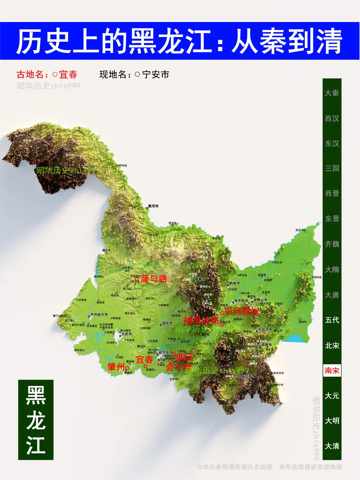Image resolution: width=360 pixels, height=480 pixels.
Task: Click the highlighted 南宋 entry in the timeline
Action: [x=332, y=371]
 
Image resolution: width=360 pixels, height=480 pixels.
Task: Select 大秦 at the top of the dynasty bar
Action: [x=332, y=93]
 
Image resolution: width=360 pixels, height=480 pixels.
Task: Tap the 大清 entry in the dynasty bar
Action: [x=332, y=446]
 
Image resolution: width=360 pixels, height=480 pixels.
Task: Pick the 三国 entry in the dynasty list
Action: [x=332, y=168]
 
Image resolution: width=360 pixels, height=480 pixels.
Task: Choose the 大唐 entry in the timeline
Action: [x=332, y=295]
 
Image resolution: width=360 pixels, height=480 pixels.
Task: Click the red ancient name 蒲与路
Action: [x=154, y=279]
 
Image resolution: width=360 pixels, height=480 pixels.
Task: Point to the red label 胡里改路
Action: [x=201, y=321]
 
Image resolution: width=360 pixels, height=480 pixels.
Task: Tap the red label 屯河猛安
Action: [x=242, y=311]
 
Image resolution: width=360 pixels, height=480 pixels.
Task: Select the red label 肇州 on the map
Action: [x=116, y=367]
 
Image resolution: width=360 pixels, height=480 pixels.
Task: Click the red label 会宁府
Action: [x=178, y=367]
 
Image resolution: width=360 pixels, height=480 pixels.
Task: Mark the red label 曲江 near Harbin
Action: [x=185, y=357]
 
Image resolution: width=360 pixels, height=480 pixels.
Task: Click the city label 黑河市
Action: [x=153, y=206]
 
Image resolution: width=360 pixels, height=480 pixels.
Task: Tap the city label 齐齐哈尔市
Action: [x=99, y=315]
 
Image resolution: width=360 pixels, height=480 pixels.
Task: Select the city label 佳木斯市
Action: [x=241, y=301]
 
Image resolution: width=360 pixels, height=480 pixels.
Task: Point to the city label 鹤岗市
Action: [x=234, y=284]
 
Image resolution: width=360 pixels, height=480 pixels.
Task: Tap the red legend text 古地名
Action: [x=30, y=74]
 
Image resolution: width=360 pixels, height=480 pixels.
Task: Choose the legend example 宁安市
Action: [x=156, y=74]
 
